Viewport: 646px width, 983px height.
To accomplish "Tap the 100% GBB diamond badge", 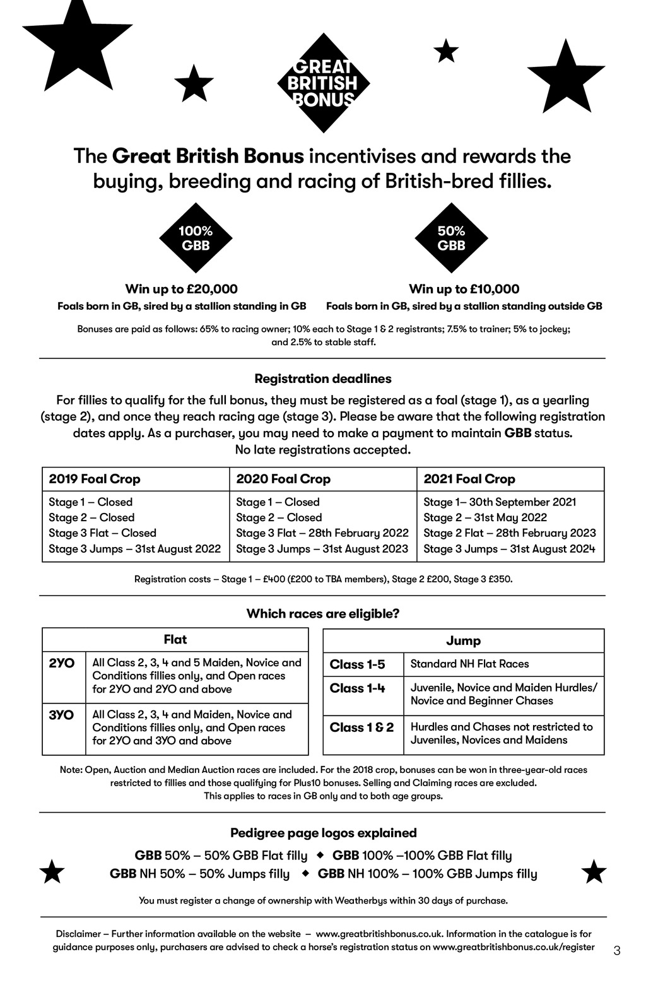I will (196, 238).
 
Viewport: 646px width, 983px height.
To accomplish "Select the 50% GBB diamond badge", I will (451, 238).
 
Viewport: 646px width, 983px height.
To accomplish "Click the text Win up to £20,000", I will (182, 289).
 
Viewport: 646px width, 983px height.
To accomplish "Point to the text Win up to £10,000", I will (464, 289).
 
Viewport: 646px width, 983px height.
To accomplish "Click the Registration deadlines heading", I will (323, 379).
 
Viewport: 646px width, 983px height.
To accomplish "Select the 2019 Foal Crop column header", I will (95, 479).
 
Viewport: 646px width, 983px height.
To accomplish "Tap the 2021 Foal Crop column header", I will (469, 479).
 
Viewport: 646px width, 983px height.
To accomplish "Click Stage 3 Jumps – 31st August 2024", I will (509, 548).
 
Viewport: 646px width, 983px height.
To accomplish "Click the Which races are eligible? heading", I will (323, 613).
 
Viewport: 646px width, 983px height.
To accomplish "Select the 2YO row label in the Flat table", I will (62, 663).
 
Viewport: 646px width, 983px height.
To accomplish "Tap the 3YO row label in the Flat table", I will (62, 715).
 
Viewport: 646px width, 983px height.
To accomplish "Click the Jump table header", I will (463, 640).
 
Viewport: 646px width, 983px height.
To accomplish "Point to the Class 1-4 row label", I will (357, 688).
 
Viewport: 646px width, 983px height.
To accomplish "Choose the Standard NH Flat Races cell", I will (469, 664).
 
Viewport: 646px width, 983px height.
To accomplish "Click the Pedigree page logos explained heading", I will (323, 833).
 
